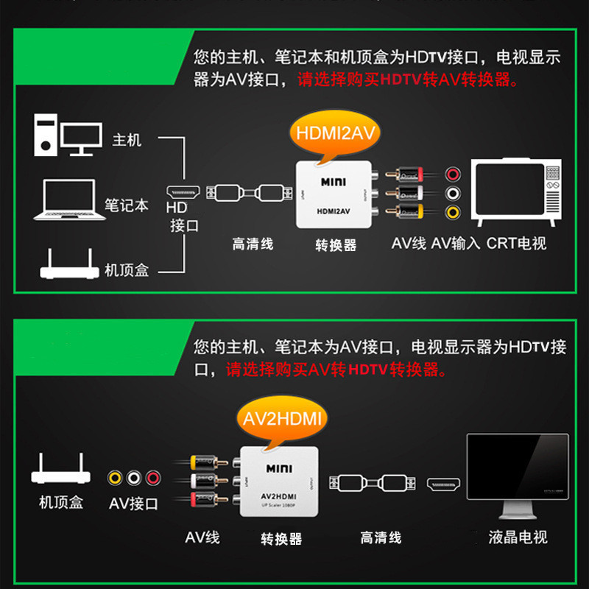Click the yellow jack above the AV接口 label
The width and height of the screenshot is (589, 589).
[x=115, y=478]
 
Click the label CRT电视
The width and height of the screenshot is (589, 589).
[x=516, y=243]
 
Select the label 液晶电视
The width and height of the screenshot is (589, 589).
[x=518, y=537]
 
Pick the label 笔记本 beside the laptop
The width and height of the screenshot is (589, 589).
[x=126, y=205]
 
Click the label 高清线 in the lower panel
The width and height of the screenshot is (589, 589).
[x=381, y=537]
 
